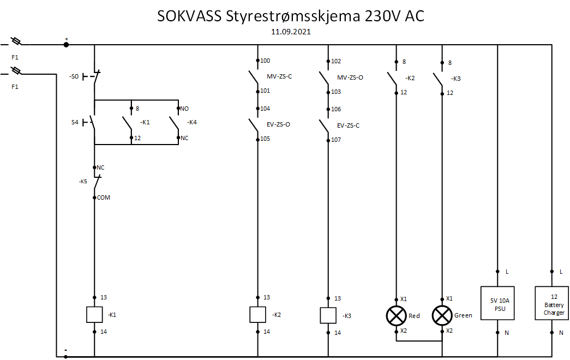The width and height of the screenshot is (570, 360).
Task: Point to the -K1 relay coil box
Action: click(94, 315)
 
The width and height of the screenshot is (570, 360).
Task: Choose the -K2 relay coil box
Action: click(257, 315)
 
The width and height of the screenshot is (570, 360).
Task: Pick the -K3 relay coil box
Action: click(328, 315)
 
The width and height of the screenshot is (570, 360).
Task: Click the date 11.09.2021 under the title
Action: click(291, 32)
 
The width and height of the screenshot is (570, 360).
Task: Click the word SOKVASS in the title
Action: click(189, 16)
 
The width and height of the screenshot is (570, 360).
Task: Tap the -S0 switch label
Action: click(74, 77)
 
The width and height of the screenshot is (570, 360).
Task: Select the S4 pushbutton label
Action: click(75, 122)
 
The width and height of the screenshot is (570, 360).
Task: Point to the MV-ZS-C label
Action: click(279, 76)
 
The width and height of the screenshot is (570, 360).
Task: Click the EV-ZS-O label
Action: click(278, 124)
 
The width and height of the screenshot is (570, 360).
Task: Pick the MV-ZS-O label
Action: click(350, 77)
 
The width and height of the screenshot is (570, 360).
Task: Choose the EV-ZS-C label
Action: click(348, 125)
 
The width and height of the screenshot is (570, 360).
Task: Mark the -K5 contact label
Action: click(83, 181)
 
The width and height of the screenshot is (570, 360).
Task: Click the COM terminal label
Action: click(103, 197)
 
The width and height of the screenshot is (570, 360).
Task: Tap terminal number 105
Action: click(265, 139)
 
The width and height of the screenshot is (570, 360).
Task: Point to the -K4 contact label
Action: click(191, 122)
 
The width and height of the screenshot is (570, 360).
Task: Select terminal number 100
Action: click(265, 61)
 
